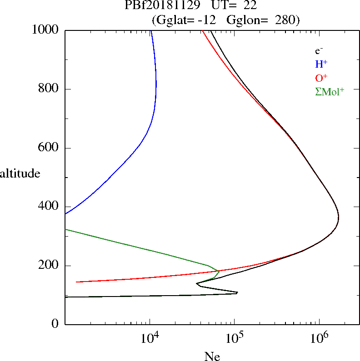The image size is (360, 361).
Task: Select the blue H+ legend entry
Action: click(321, 64)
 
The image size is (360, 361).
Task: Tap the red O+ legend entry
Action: click(321, 78)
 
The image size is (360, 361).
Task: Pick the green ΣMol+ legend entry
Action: click(329, 92)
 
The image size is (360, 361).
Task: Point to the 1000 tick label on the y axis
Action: click(46, 30)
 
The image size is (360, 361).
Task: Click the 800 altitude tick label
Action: click(49, 89)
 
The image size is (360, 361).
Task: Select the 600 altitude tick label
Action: click(49, 148)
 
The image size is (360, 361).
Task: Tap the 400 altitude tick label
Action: click(49, 207)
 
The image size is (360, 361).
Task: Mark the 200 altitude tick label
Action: click(49, 266)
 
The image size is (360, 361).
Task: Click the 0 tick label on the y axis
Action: click(55, 324)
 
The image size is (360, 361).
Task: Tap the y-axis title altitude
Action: click(20, 173)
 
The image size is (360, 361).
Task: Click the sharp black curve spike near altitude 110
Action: click(237, 293)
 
